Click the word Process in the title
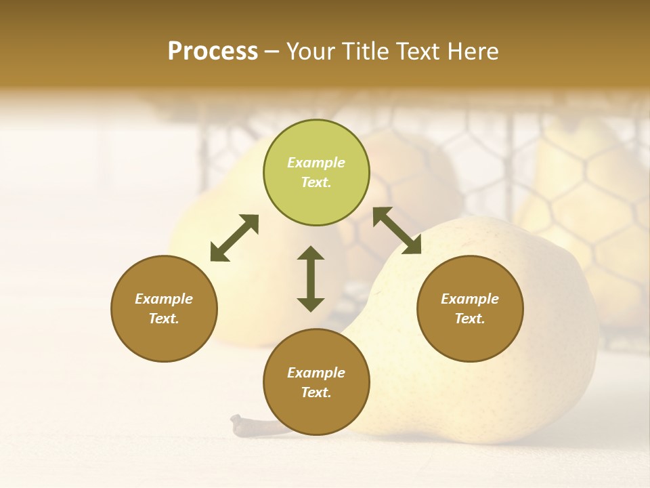tap(213, 52)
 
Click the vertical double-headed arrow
tap(311, 279)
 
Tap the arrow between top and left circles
tap(234, 238)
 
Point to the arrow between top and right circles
tap(397, 230)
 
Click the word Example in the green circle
tap(316, 163)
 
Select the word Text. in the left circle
tap(164, 319)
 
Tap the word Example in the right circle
tap(470, 299)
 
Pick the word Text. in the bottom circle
tap(316, 392)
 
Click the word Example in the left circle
tap(164, 299)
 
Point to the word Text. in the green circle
tap(316, 182)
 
